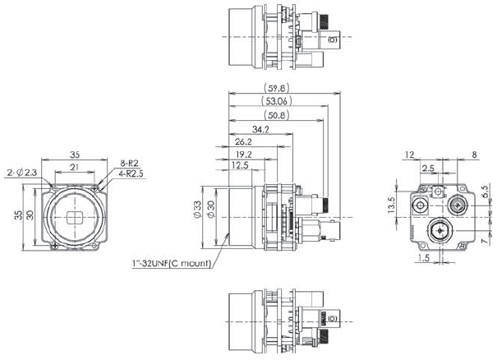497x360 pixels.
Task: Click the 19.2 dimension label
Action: [x=243, y=154]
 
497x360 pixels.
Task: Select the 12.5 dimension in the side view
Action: [x=239, y=166]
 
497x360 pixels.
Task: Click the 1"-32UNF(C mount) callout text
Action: [x=171, y=264]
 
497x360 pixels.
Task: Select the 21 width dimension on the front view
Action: [x=75, y=168]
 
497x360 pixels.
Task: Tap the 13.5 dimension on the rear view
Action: [x=392, y=204]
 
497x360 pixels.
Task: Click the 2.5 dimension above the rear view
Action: [x=428, y=168]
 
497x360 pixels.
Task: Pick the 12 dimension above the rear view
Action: [x=410, y=154]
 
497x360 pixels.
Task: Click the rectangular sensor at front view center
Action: [x=75, y=218]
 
